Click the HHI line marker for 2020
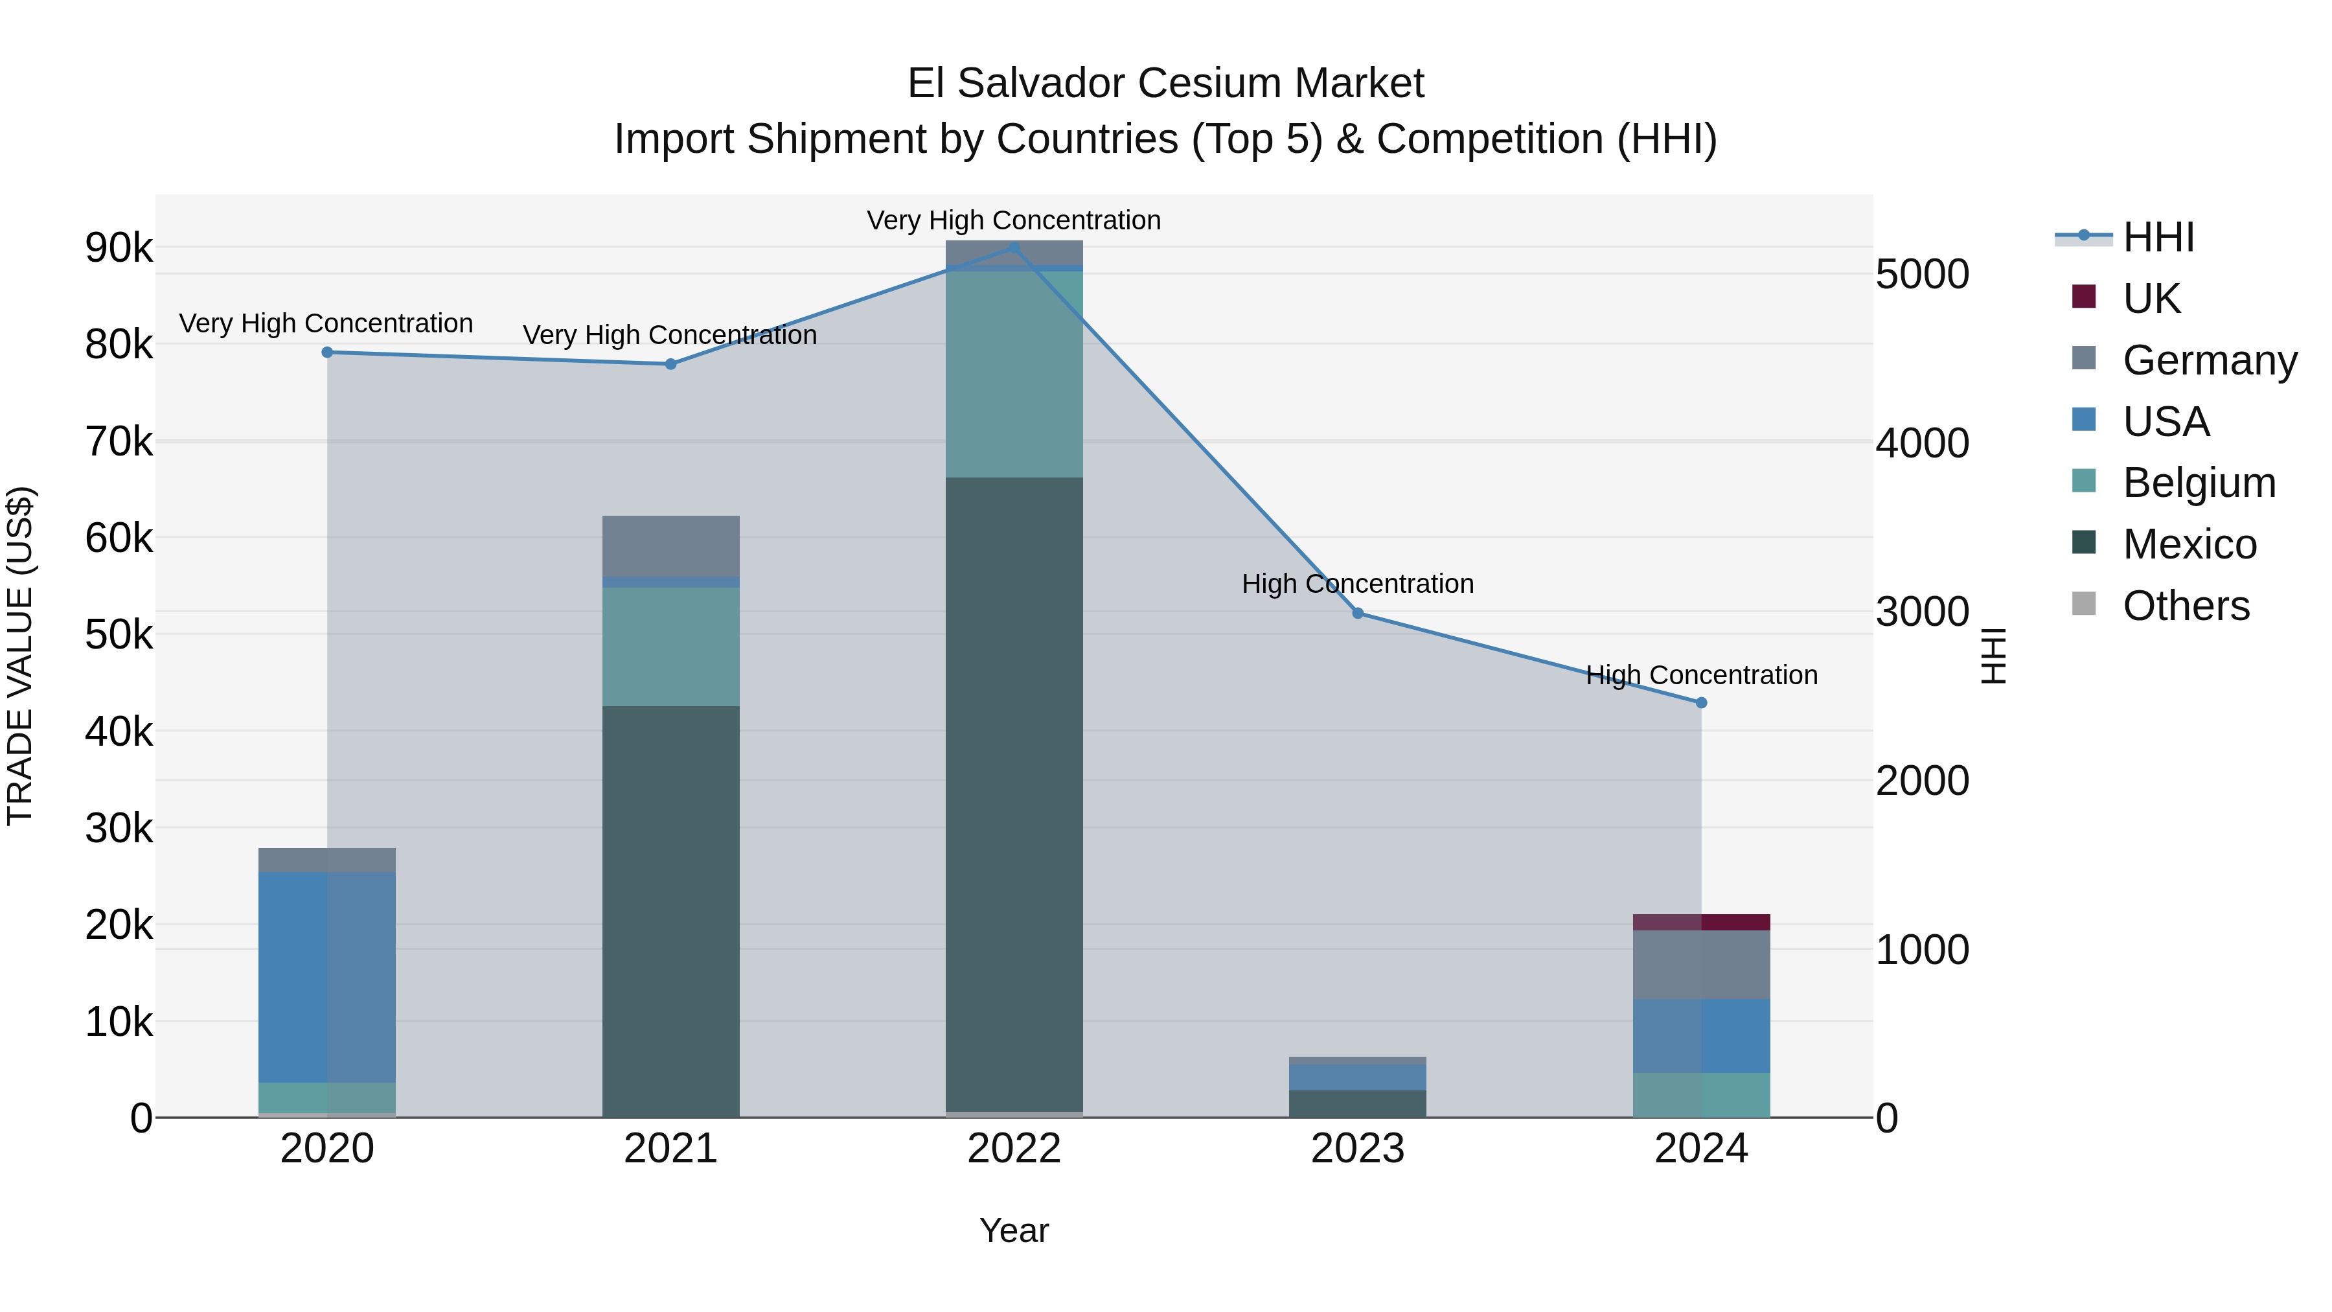pos(328,352)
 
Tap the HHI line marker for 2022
pos(1014,247)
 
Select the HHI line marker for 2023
pos(1358,613)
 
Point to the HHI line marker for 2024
pos(1701,702)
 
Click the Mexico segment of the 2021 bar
pos(671,910)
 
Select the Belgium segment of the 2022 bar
pos(1014,373)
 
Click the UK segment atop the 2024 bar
pos(1701,922)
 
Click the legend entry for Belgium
pos(2198,483)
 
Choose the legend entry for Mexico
pos(2189,544)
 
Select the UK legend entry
pos(2151,298)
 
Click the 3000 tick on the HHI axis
pos(1922,612)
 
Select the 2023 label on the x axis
pos(1357,1149)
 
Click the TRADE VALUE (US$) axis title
pos(21,656)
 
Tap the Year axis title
pos(1014,1230)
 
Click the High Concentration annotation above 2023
pos(1357,584)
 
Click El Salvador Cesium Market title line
pos(1165,84)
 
